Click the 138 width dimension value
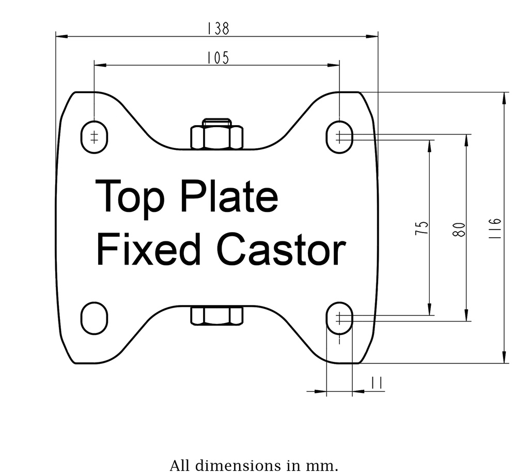(x=217, y=28)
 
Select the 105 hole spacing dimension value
(x=217, y=58)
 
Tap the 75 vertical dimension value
(x=422, y=228)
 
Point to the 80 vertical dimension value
(x=459, y=229)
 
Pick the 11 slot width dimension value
(x=376, y=383)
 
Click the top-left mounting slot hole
(x=94, y=138)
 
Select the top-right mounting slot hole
(x=339, y=137)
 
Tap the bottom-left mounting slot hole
(x=94, y=318)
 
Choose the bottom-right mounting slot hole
(x=339, y=318)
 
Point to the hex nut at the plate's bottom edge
(x=217, y=315)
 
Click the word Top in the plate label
(x=130, y=197)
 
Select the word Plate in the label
(x=230, y=197)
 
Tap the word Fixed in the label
(x=148, y=250)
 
